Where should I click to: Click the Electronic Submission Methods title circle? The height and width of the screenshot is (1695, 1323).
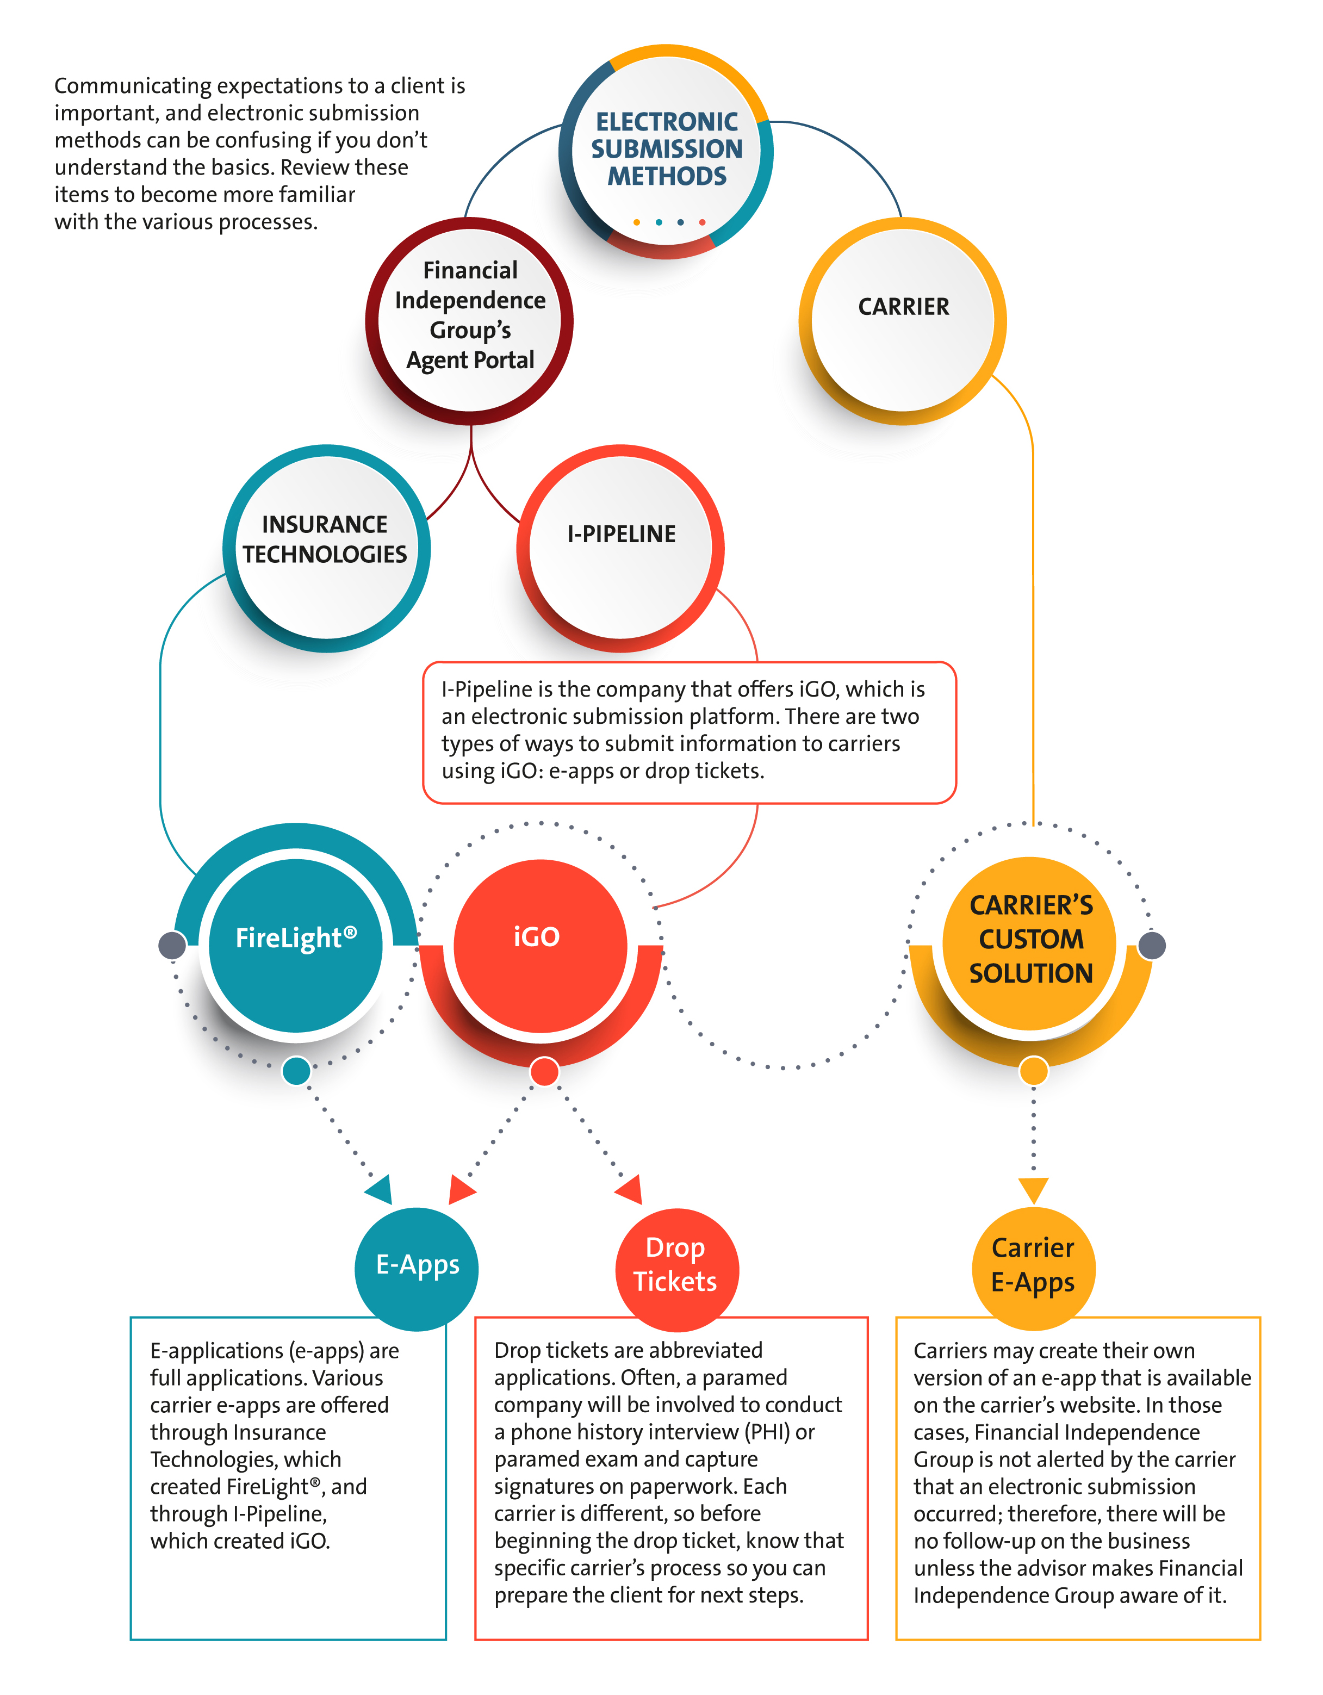click(666, 151)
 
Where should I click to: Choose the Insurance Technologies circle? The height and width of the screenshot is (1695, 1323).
click(326, 548)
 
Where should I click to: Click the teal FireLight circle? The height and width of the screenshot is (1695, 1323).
click(296, 945)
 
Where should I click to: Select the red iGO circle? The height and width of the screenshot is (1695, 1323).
click(540, 945)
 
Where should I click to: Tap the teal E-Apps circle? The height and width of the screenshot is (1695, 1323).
click(417, 1269)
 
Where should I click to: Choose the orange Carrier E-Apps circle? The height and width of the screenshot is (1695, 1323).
click(1034, 1269)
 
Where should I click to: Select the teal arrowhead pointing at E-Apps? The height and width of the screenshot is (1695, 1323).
click(380, 1190)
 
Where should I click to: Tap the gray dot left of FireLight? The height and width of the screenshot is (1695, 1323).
click(172, 945)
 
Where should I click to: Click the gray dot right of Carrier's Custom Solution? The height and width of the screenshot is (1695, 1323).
click(1152, 945)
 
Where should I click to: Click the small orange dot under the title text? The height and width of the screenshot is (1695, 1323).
click(636, 222)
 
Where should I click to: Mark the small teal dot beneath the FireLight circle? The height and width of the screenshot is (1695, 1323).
click(296, 1071)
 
